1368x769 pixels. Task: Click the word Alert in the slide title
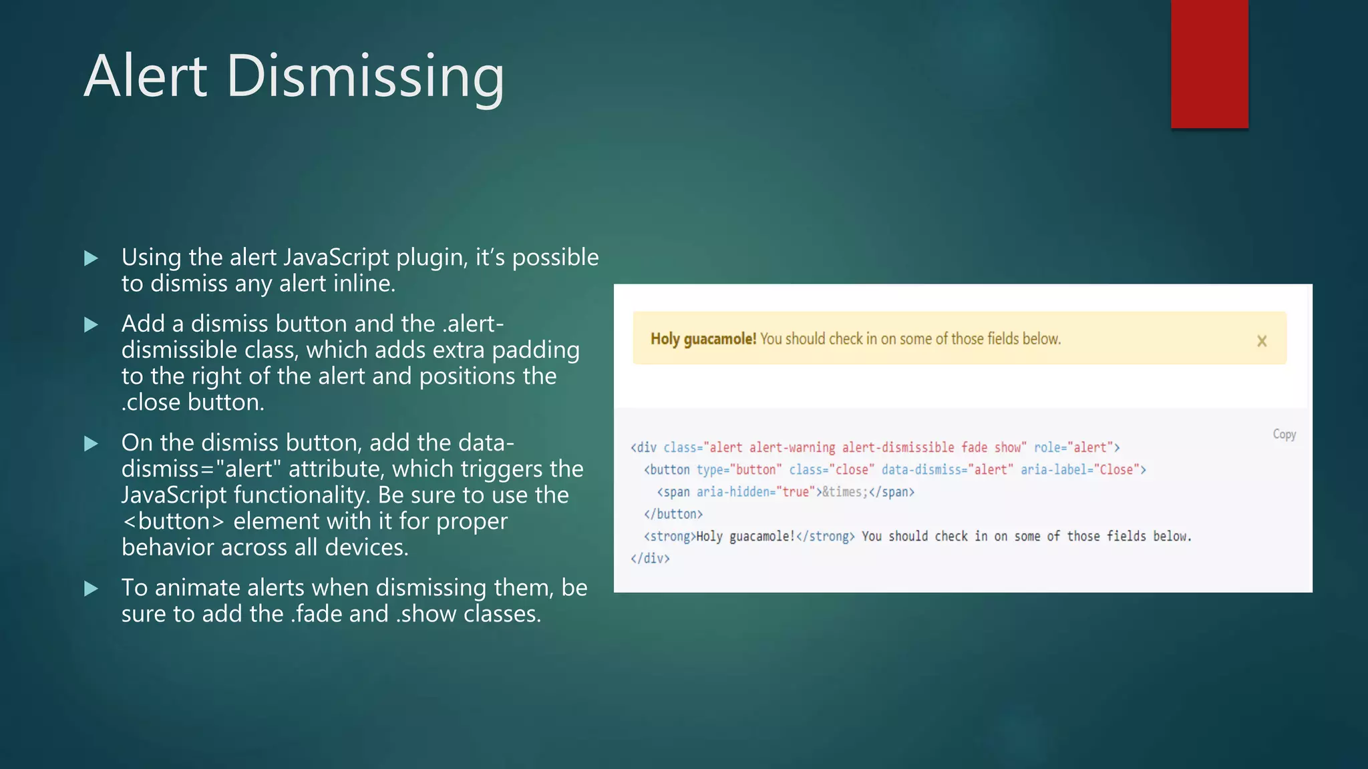point(146,76)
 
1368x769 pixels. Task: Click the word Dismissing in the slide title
point(365,77)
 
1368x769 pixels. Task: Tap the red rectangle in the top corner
point(1209,63)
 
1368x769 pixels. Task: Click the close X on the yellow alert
point(1262,341)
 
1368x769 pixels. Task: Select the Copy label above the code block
point(1284,434)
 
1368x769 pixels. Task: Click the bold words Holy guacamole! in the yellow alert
point(703,339)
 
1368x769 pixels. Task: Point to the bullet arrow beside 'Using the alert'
point(92,258)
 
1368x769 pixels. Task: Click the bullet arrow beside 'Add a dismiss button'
point(92,325)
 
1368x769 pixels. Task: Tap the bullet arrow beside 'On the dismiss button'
point(92,444)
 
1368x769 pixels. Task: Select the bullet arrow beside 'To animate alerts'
point(92,589)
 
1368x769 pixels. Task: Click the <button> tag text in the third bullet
point(174,521)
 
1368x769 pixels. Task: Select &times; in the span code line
point(844,492)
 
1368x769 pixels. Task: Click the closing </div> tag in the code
point(650,558)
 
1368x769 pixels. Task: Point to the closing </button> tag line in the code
point(673,514)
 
